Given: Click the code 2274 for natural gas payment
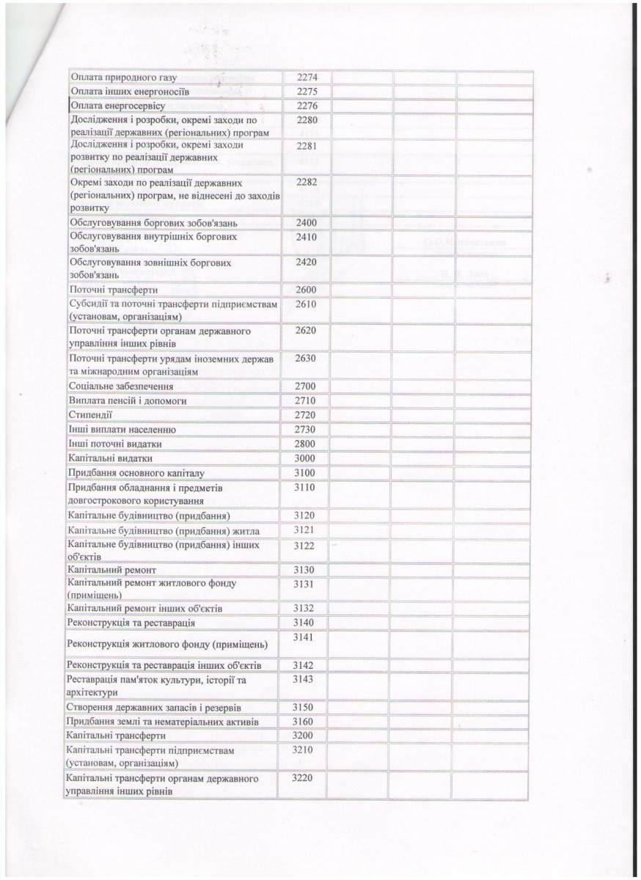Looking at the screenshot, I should (307, 78).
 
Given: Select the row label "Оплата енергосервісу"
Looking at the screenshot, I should (116, 106).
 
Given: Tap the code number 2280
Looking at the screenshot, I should (307, 120).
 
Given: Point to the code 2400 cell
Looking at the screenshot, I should (307, 222).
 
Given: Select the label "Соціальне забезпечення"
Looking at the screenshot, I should (121, 386).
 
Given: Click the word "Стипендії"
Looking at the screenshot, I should (89, 414).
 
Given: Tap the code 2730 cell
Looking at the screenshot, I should (307, 429).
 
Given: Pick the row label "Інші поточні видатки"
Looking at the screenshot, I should (114, 444).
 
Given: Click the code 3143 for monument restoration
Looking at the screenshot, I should (303, 681).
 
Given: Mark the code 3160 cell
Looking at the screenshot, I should (303, 721).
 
